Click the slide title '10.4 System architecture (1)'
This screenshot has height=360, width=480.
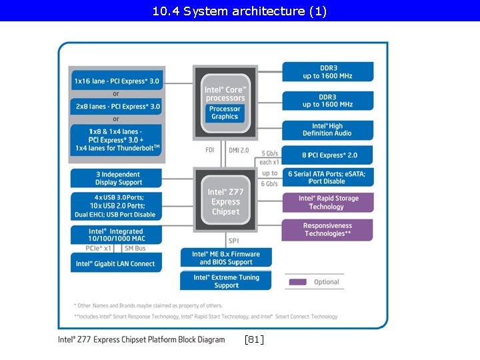click(239, 11)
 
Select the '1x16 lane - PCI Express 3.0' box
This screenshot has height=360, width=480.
click(116, 81)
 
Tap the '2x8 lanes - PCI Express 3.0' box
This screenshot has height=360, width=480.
click(116, 106)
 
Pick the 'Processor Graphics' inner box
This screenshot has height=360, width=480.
click(225, 113)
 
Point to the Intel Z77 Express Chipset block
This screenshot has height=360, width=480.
click(225, 201)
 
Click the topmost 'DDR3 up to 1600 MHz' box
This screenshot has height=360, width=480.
click(327, 72)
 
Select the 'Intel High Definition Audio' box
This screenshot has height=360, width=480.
click(327, 129)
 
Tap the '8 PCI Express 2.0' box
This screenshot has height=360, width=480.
click(327, 155)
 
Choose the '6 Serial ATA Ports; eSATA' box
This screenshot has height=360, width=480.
click(327, 177)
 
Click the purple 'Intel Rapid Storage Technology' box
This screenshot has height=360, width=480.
click(327, 203)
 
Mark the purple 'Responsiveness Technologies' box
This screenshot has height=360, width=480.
click(327, 230)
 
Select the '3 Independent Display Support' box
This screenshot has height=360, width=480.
click(116, 178)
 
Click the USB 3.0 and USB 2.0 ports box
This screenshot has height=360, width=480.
click(116, 206)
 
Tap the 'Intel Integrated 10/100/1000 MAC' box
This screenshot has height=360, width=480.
click(116, 235)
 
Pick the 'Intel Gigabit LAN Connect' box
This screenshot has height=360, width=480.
click(116, 263)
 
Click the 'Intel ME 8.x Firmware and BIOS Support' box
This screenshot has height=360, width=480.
click(226, 258)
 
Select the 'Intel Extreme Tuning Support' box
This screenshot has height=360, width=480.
click(226, 281)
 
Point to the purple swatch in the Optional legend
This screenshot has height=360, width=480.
click(297, 282)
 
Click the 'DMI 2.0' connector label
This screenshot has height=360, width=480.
click(239, 151)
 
